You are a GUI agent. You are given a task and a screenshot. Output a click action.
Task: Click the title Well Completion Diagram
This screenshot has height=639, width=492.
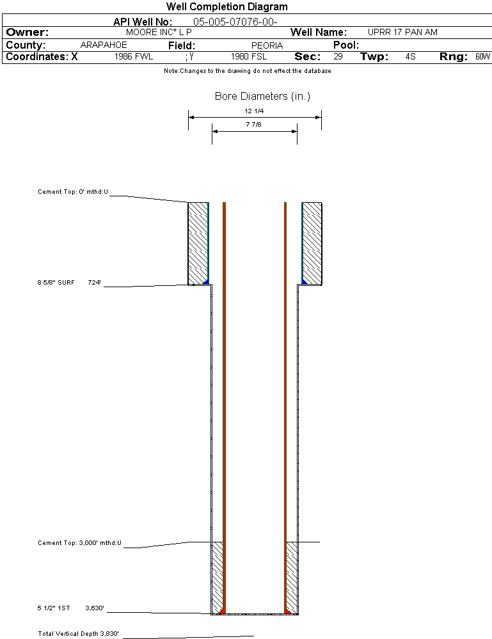tap(226, 7)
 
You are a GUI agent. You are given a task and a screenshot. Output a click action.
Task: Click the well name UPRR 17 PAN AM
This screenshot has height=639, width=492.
tap(402, 32)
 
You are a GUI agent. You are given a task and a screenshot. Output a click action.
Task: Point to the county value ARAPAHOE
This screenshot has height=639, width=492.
tap(104, 45)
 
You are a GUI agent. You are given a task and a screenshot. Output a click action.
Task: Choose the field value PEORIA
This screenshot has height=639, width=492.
tap(267, 45)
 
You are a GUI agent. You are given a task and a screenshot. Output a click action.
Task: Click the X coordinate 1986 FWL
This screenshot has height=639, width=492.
tap(134, 57)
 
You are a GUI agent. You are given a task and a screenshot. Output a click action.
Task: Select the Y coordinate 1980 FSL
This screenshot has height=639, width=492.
tap(249, 57)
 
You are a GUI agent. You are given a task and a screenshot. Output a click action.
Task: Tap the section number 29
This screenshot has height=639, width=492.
tap(338, 57)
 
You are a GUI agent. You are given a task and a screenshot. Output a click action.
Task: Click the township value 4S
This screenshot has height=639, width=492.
tap(410, 57)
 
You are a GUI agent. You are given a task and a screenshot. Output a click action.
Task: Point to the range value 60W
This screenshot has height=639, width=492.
tap(482, 57)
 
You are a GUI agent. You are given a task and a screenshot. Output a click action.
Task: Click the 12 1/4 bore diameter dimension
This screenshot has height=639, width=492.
tap(254, 111)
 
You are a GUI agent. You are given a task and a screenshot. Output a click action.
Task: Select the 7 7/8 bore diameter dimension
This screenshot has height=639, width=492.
tap(253, 124)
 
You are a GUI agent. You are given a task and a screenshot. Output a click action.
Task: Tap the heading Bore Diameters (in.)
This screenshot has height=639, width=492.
tap(262, 97)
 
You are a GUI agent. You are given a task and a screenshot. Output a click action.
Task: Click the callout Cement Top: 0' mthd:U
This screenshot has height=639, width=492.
tap(73, 191)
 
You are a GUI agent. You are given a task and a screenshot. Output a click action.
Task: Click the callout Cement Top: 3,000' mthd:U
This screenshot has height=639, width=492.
tap(79, 543)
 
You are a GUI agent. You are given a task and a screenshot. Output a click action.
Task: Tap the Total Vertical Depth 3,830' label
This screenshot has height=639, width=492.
tap(78, 634)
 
